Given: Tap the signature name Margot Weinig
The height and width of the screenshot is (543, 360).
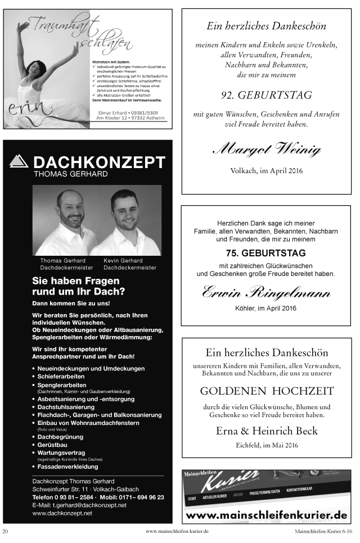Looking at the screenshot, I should point(267,150).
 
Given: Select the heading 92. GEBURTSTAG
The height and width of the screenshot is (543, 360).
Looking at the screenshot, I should point(267,95).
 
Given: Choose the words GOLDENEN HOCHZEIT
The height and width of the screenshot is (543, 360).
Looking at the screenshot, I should point(267,391).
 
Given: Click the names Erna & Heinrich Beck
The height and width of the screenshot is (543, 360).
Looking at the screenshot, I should point(267,431).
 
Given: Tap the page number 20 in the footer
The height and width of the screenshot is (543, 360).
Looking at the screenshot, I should point(6,531).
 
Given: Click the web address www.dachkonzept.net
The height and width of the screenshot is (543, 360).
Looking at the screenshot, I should point(62,513).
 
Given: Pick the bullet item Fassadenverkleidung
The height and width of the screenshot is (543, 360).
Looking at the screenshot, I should point(67,467).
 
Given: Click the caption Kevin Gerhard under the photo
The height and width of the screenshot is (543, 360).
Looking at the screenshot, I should point(123,261).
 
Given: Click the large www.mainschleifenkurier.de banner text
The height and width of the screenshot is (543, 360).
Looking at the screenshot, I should point(266,515).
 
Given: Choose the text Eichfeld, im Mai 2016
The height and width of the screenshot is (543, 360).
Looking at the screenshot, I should point(267,446).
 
